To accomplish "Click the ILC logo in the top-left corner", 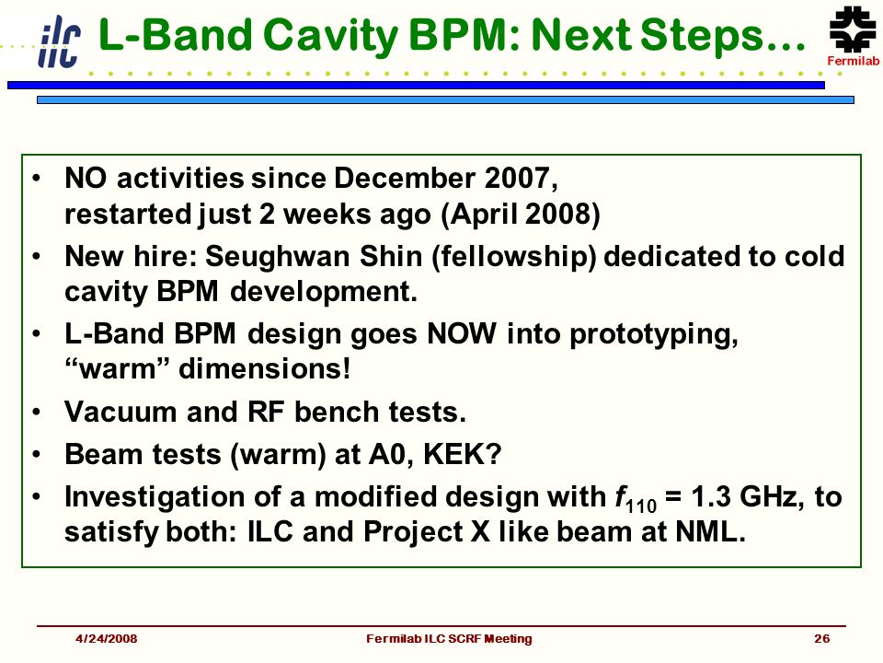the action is pyautogui.click(x=59, y=41).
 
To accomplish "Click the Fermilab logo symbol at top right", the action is pyautogui.click(x=853, y=29).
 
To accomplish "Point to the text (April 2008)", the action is pyautogui.click(x=521, y=215).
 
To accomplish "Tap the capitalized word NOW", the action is pyautogui.click(x=462, y=333).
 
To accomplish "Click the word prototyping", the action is pyautogui.click(x=654, y=335).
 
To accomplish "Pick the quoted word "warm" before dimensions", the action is pyautogui.click(x=110, y=369).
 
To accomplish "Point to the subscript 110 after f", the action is pyautogui.click(x=641, y=506).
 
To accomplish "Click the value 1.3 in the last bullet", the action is pyautogui.click(x=710, y=496).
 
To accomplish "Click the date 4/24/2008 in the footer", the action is pyautogui.click(x=107, y=638).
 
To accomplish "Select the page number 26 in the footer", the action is pyautogui.click(x=821, y=638).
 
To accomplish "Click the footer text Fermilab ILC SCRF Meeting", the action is pyautogui.click(x=449, y=639).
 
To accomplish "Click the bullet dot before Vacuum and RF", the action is pyautogui.click(x=37, y=413).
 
